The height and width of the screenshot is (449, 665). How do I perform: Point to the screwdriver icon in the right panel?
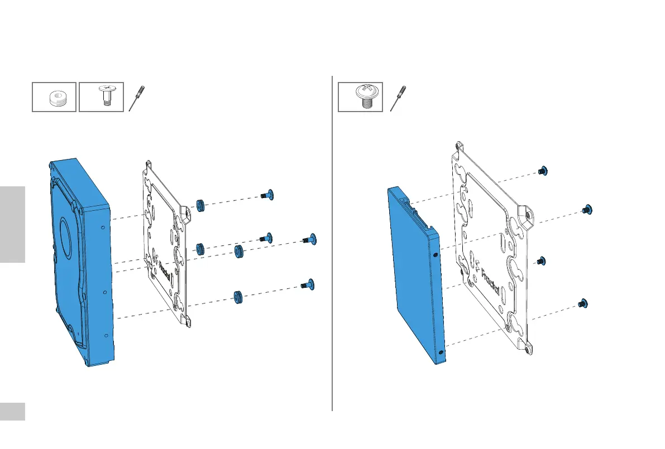[398, 98]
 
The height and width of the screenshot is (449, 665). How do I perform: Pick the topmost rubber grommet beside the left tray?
[199, 205]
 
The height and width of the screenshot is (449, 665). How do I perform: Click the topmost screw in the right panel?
[542, 171]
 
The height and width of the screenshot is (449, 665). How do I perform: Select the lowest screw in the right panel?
[583, 303]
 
